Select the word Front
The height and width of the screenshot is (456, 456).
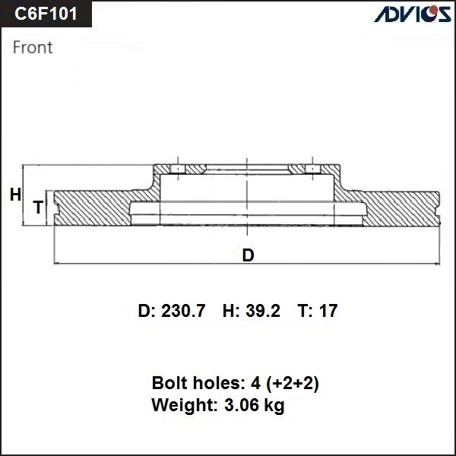pyautogui.click(x=33, y=47)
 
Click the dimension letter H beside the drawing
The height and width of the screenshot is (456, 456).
pyautogui.click(x=15, y=195)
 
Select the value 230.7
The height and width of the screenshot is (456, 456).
pyautogui.click(x=182, y=311)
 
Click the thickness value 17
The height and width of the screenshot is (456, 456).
pyautogui.click(x=328, y=311)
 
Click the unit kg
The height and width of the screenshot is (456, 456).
pyautogui.click(x=274, y=405)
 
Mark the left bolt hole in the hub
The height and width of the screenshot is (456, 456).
pyautogui.click(x=176, y=169)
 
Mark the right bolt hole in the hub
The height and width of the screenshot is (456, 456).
pyautogui.click(x=312, y=169)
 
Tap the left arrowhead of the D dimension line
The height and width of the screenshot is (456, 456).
pyautogui.click(x=58, y=263)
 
